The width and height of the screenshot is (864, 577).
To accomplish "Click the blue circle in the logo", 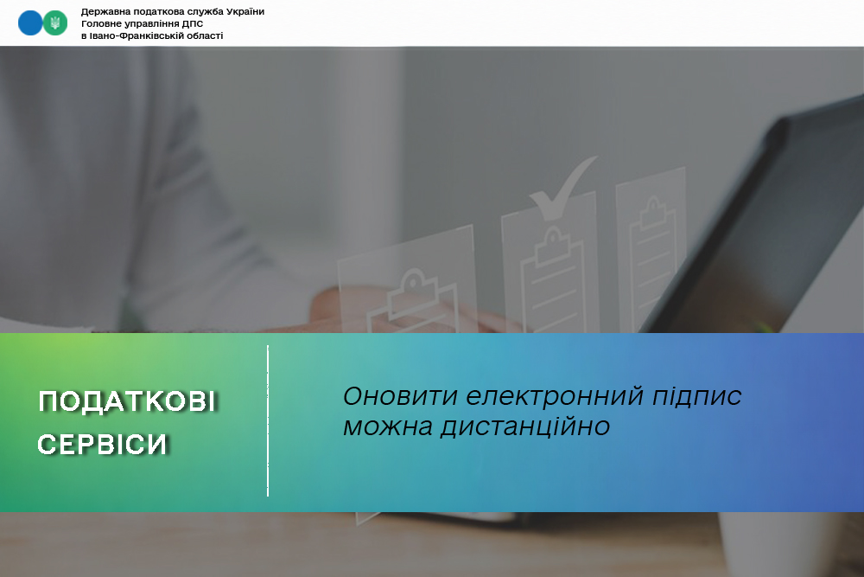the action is click(30, 23).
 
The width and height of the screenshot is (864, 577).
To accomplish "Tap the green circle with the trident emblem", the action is click(55, 23).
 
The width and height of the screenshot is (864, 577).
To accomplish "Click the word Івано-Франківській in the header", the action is click(135, 35).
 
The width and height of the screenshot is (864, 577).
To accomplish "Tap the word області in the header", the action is click(204, 35).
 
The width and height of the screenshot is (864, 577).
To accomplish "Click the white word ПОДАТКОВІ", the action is click(127, 401).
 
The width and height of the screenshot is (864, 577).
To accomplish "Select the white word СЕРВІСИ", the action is click(103, 445).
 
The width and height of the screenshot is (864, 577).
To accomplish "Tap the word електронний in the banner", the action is click(555, 396).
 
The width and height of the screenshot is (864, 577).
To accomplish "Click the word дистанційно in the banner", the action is click(525, 426).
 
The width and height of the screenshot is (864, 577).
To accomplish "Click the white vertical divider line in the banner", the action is click(268, 421).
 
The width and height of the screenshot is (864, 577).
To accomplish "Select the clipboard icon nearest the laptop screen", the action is click(653, 253).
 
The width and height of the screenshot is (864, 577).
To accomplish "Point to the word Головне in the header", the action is click(101, 23).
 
